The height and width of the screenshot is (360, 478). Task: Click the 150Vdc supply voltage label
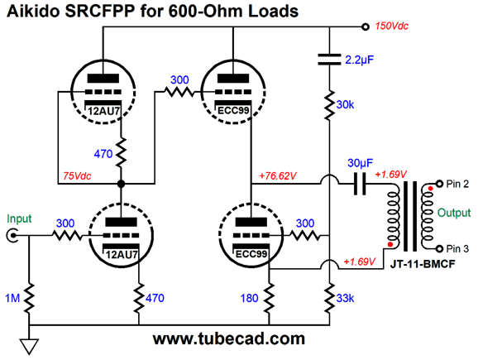[391, 26]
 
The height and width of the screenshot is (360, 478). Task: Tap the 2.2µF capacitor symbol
[329, 60]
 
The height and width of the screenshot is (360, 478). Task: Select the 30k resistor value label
[345, 105]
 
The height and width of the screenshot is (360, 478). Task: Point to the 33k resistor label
[345, 299]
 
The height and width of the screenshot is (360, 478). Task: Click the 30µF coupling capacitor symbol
[360, 184]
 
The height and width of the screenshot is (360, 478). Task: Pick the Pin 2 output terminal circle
[439, 184]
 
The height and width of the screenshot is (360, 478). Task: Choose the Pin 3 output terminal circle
[439, 248]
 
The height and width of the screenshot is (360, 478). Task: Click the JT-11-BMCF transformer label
[423, 264]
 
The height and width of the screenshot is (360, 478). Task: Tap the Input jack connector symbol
[12, 236]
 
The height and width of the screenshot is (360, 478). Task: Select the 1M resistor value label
[12, 298]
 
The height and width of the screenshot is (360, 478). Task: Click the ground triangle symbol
[29, 347]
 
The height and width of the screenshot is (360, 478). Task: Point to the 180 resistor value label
[250, 298]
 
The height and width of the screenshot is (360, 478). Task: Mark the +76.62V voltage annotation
[278, 176]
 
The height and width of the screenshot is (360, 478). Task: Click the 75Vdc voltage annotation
[77, 176]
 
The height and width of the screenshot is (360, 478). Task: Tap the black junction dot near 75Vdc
[121, 184]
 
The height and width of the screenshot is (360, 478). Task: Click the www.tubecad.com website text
[228, 338]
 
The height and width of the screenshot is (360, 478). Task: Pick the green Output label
[454, 213]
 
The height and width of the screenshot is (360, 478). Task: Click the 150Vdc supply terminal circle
[366, 26]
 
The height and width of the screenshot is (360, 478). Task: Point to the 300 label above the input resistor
[65, 223]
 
